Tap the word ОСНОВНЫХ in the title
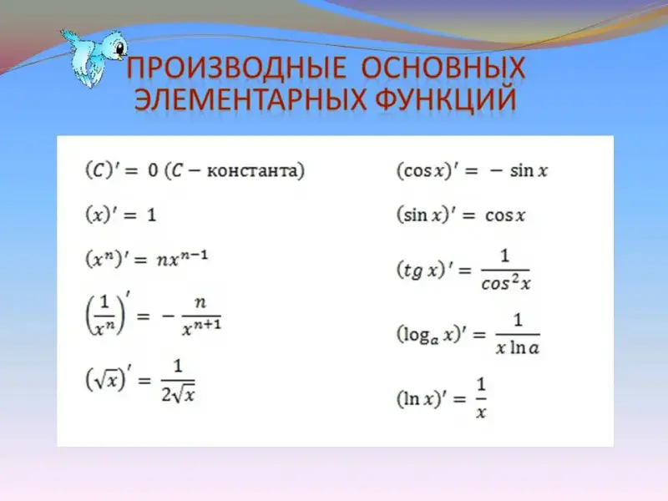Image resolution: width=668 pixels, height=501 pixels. coord(443,68)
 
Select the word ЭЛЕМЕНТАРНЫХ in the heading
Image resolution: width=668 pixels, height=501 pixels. coord(250,99)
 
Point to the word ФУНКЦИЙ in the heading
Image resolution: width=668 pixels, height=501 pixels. coord(446,100)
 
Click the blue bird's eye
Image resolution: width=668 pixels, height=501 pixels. coord(120,47)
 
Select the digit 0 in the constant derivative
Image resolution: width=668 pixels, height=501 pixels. coord(153,170)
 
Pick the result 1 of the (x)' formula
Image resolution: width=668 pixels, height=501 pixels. coord(152,215)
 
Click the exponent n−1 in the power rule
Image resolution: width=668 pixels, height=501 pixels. coord(194,255)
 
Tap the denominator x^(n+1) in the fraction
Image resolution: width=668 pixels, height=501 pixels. coord(201,327)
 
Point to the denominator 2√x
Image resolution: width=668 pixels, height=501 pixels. coord(178,394)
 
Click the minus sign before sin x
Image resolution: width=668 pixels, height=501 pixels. coord(496,171)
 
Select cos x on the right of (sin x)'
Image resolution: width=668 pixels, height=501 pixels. coord(505,215)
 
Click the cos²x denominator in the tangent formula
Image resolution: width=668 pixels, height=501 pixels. coord(506,282)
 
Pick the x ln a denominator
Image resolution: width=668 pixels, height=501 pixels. coord(518,347)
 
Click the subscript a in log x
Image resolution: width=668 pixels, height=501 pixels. coord(434,341)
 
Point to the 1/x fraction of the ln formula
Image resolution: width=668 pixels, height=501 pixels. coord(481,398)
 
